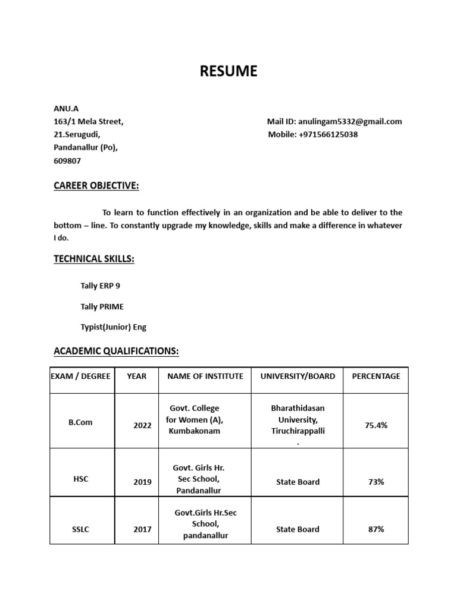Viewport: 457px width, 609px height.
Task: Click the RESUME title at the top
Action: [x=228, y=71]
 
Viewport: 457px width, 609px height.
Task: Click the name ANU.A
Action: [x=66, y=108]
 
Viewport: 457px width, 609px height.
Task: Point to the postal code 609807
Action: [x=67, y=161]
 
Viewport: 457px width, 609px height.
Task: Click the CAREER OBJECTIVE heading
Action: [x=96, y=186]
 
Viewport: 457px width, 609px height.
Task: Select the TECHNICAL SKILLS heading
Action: [x=94, y=259]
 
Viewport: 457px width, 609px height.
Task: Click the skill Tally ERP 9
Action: [x=100, y=285]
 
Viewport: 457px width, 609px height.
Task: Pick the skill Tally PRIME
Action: [x=102, y=306]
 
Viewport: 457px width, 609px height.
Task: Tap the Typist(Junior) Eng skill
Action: [x=113, y=327]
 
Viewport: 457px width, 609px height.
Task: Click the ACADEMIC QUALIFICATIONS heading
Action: [x=116, y=351]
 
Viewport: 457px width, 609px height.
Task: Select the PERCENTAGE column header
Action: [x=376, y=376]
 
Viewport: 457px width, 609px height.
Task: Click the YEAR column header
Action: [x=136, y=376]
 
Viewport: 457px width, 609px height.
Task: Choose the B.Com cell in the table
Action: [x=80, y=422]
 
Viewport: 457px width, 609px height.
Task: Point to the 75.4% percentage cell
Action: [x=376, y=425]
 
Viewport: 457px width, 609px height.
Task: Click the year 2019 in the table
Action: [x=142, y=482]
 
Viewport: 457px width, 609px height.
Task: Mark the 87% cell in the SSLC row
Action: [x=376, y=529]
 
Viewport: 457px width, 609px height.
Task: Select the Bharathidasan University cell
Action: [x=298, y=419]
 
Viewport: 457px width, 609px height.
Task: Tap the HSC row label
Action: [x=80, y=479]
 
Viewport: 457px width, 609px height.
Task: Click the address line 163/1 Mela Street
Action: [x=89, y=121]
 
